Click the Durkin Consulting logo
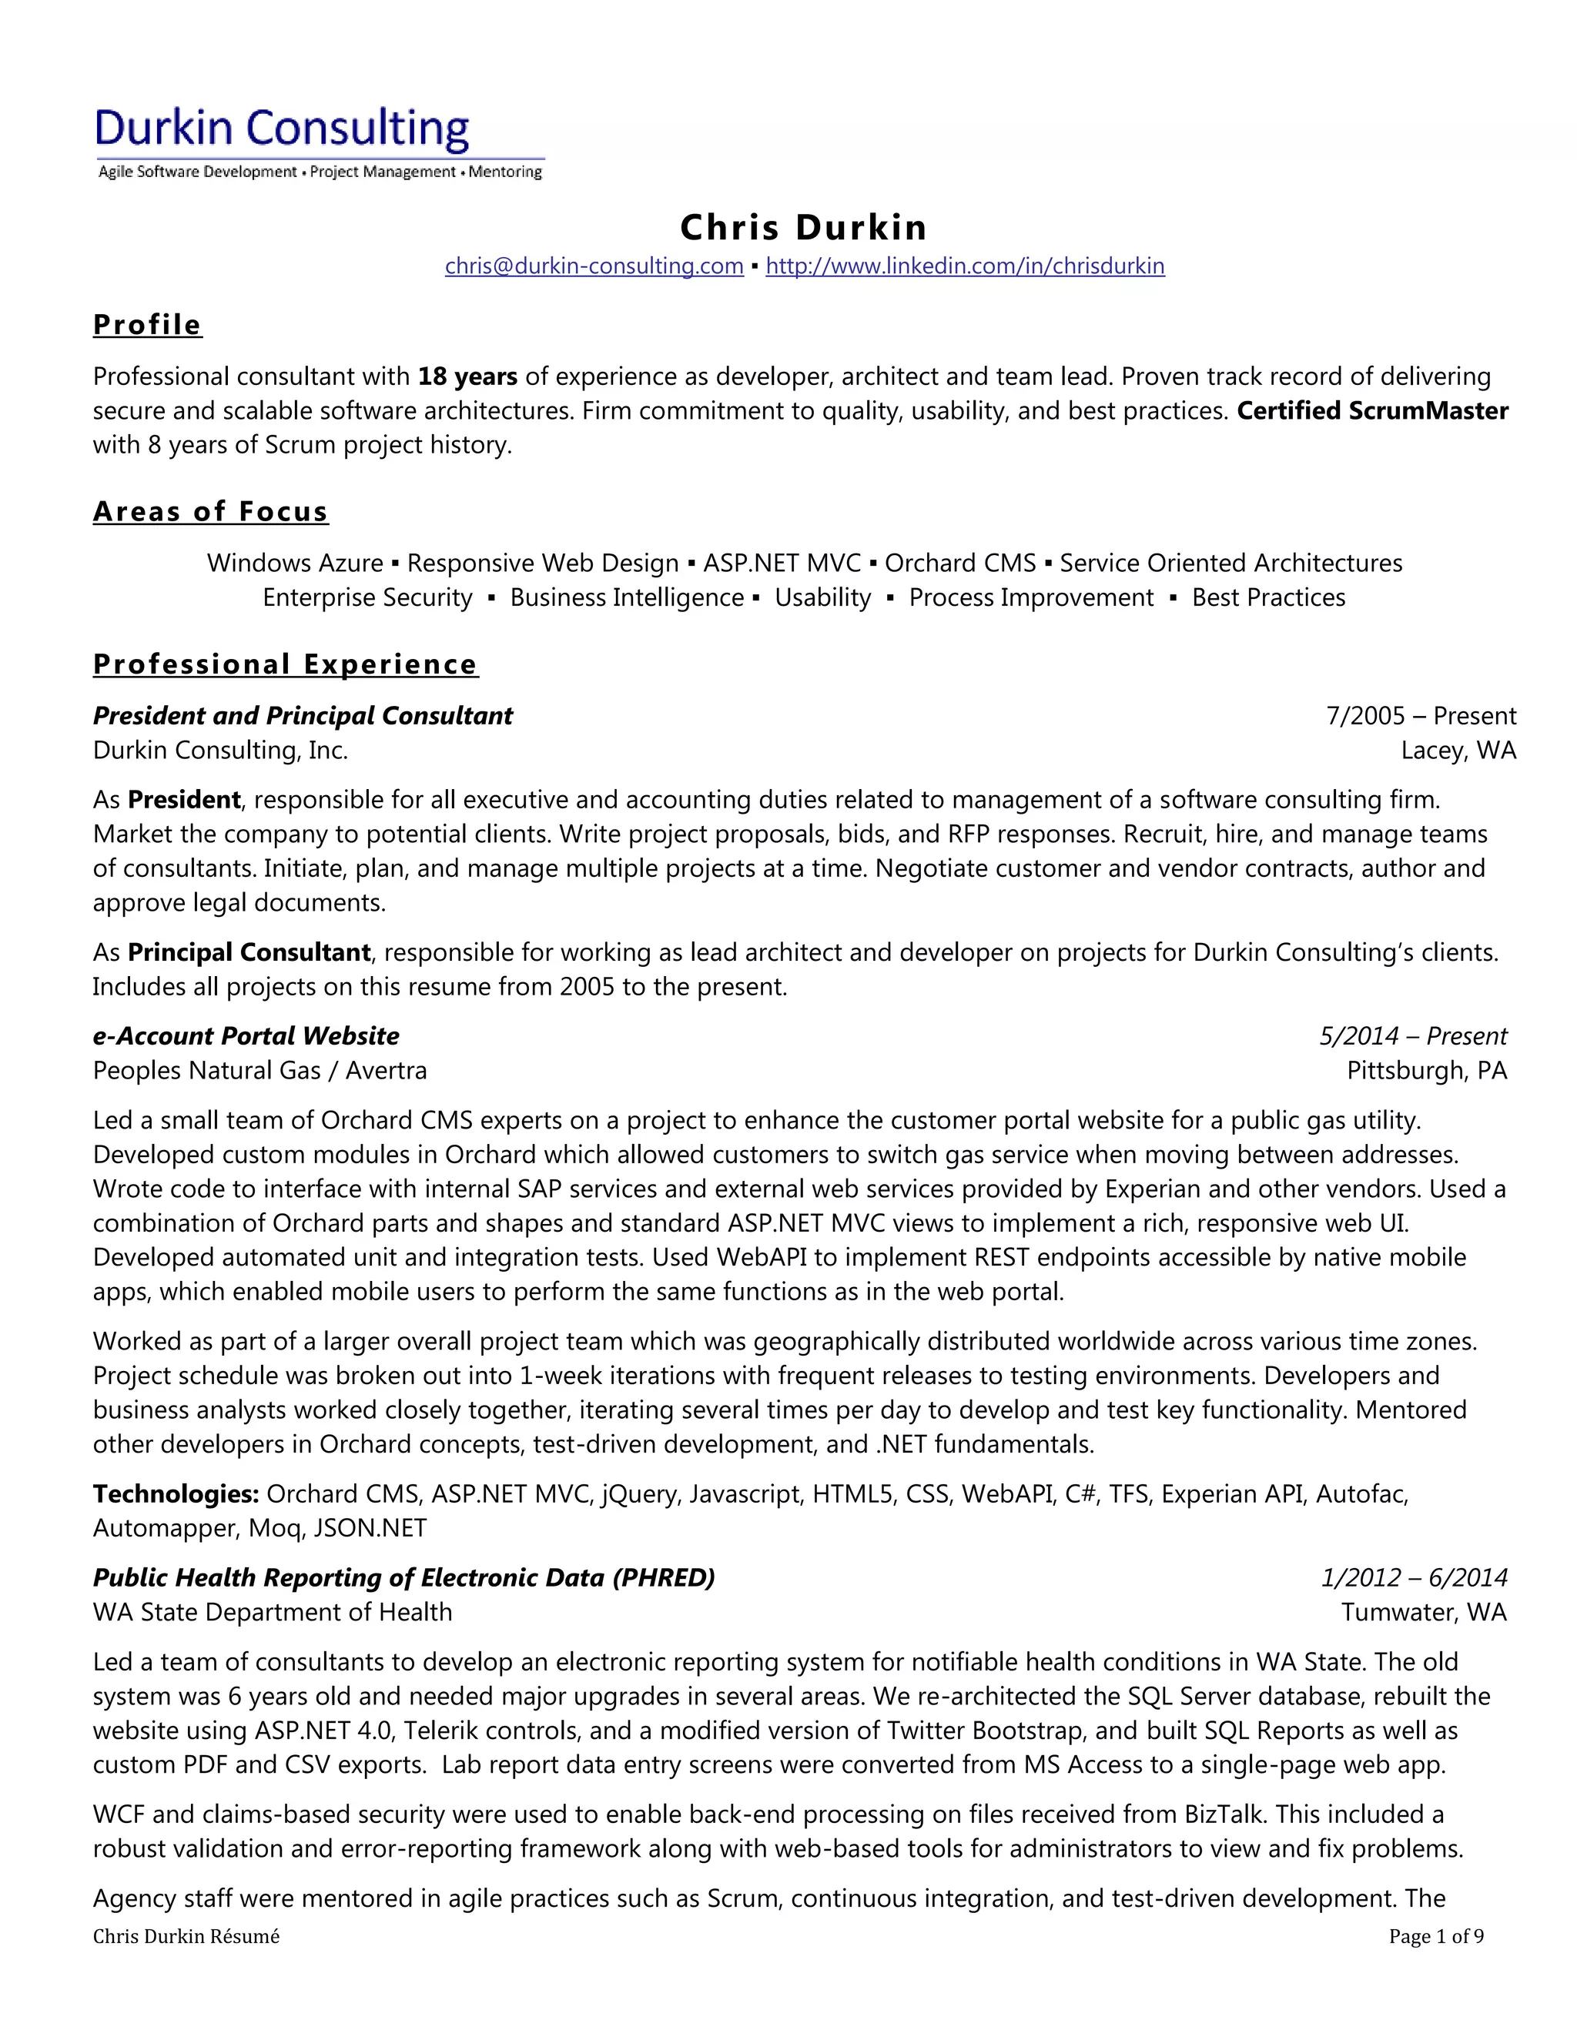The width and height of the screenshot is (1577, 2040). (319, 141)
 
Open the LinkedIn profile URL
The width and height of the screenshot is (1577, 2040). (964, 266)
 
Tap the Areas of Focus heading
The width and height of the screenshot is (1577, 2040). (210, 512)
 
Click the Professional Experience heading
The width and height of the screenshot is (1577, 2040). (285, 664)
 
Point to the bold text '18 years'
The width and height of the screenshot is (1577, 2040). (467, 376)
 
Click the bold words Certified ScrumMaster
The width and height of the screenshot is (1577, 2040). (1371, 411)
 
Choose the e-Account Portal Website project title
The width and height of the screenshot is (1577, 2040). (246, 1036)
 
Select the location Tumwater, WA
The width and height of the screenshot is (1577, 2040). (1423, 1612)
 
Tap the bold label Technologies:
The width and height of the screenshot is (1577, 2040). (176, 1493)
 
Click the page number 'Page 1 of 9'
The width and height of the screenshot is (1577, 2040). (1435, 1936)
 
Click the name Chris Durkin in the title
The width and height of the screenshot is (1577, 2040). (802, 227)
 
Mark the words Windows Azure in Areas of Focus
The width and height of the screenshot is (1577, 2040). (294, 564)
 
